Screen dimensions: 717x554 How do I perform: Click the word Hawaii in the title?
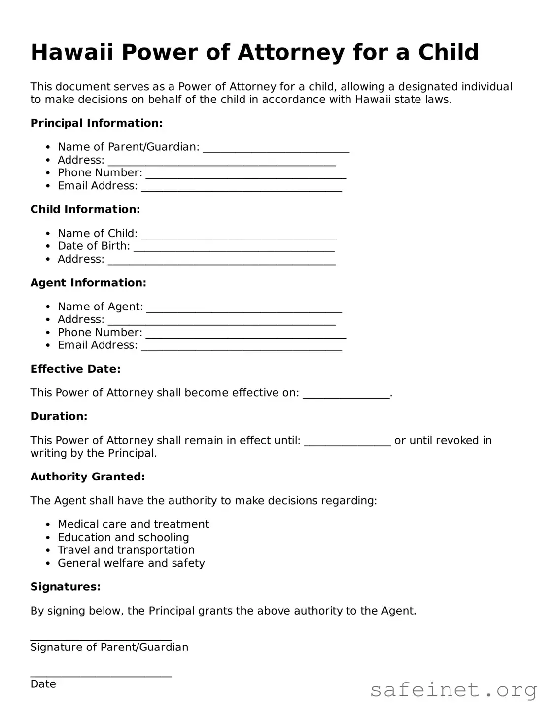point(72,52)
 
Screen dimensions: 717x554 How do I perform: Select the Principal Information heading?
point(96,123)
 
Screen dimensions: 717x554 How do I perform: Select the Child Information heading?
point(85,209)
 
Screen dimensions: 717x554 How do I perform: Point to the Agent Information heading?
point(88,283)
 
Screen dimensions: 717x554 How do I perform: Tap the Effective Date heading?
point(75,369)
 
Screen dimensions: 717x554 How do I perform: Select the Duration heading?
point(59,416)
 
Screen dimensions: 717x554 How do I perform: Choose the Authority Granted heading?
point(88,477)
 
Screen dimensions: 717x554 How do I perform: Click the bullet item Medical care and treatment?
point(133,524)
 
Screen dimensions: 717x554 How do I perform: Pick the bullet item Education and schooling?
point(123,537)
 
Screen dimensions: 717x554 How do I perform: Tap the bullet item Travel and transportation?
point(126,550)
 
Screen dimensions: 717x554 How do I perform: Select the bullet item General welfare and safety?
point(131,563)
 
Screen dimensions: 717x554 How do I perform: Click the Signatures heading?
point(66,587)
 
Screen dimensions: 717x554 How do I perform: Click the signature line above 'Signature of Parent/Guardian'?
point(101,638)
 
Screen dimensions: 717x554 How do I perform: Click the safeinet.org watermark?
point(453,690)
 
